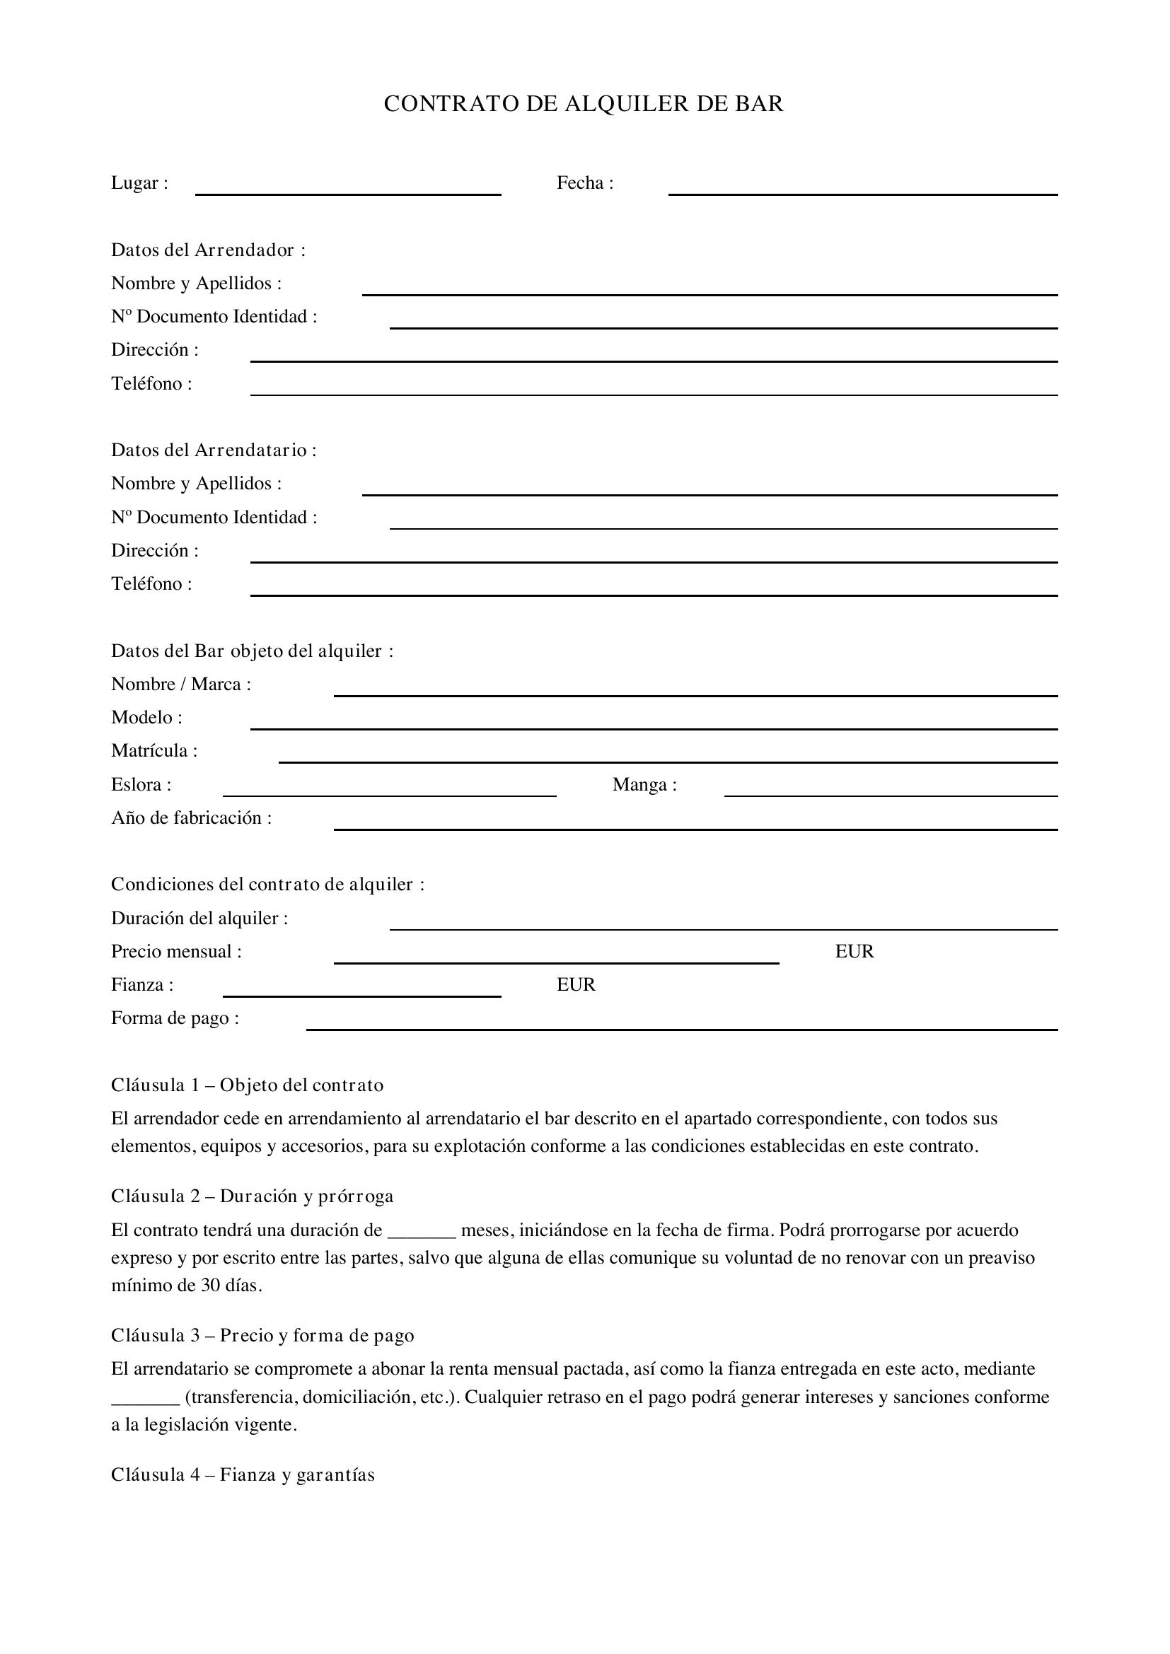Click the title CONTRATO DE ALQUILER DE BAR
point(584,104)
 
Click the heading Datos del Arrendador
point(208,250)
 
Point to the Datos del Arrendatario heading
point(214,450)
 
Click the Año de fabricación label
point(192,817)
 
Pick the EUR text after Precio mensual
point(855,952)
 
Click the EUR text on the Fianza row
point(576,985)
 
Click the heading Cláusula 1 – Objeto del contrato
point(247,1085)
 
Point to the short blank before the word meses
point(422,1233)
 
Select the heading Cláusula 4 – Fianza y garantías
point(243,1474)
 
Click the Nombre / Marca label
point(181,685)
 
